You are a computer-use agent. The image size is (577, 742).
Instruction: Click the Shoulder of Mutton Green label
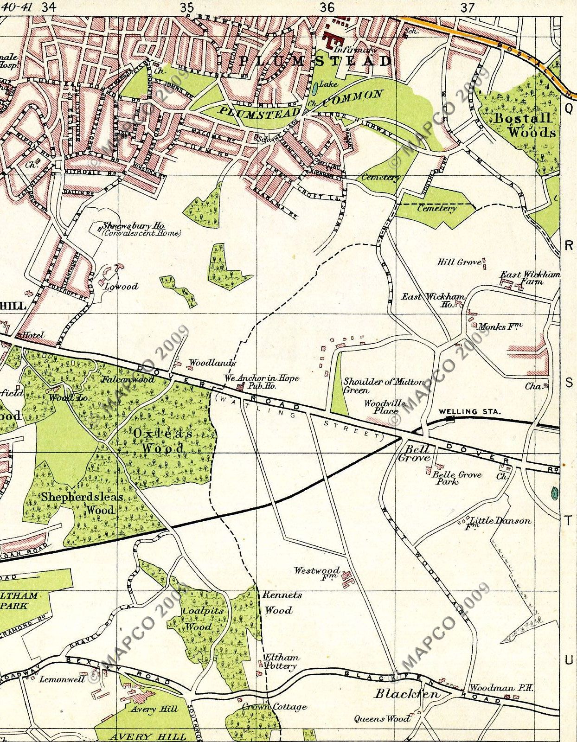[383, 386]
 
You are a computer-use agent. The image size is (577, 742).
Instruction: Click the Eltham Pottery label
[281, 662]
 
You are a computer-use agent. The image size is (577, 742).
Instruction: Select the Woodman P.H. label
[501, 688]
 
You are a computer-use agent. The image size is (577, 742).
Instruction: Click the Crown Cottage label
[274, 707]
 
